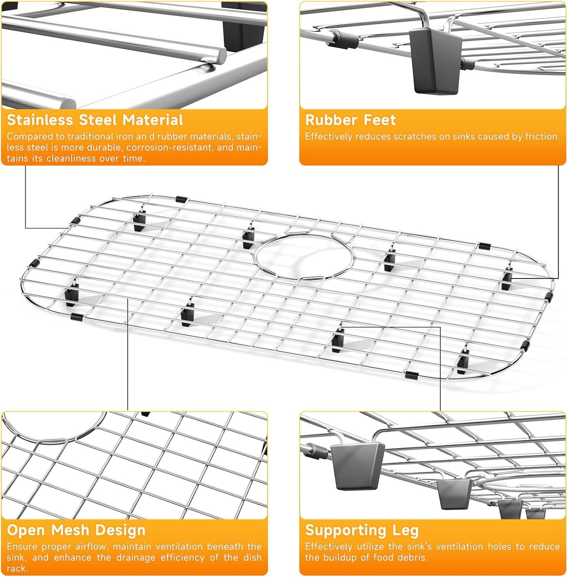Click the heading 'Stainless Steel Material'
95,120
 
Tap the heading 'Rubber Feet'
351,120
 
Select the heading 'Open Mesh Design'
76,530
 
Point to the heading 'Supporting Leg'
362,530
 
